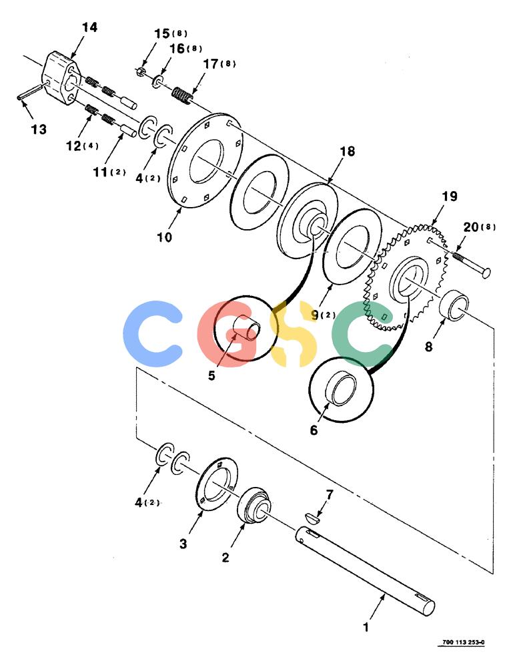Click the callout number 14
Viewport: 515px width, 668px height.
tap(89, 27)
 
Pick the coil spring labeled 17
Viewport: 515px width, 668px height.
tap(183, 97)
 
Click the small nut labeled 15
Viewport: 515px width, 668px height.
tap(141, 71)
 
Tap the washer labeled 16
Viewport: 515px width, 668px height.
tap(158, 81)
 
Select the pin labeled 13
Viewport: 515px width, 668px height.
tap(30, 92)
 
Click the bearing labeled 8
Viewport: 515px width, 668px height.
tap(453, 305)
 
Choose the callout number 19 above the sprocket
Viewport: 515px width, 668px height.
tap(450, 196)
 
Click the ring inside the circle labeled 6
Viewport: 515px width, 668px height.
tap(341, 389)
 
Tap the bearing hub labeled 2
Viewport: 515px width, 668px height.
tap(254, 505)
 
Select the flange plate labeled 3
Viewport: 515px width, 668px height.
tap(217, 484)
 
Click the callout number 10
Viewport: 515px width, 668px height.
tap(164, 237)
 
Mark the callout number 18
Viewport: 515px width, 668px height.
tap(348, 151)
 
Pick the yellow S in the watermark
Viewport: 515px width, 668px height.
tap(294, 333)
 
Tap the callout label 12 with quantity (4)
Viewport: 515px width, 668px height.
tap(82, 146)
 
